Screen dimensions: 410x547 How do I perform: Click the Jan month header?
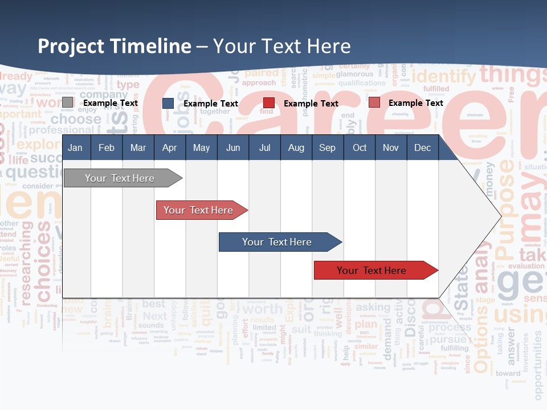point(75,148)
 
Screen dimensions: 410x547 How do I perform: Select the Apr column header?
point(169,148)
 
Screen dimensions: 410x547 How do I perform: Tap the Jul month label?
point(264,148)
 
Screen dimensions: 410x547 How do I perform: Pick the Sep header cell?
point(327,148)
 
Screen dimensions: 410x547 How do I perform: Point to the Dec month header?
point(422,148)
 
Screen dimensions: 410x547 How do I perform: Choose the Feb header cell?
point(107,148)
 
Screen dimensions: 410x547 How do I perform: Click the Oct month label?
point(360,148)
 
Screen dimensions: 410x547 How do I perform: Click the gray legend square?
point(68,102)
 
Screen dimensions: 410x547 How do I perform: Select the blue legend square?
point(168,103)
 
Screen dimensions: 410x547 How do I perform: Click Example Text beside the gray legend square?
point(111,103)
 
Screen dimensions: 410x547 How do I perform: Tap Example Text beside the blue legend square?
point(211,104)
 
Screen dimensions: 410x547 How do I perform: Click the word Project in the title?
point(71,46)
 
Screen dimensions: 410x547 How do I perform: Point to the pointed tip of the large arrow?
point(500,216)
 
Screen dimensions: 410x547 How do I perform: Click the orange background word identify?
point(443,76)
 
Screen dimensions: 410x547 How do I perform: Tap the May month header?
point(201,148)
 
